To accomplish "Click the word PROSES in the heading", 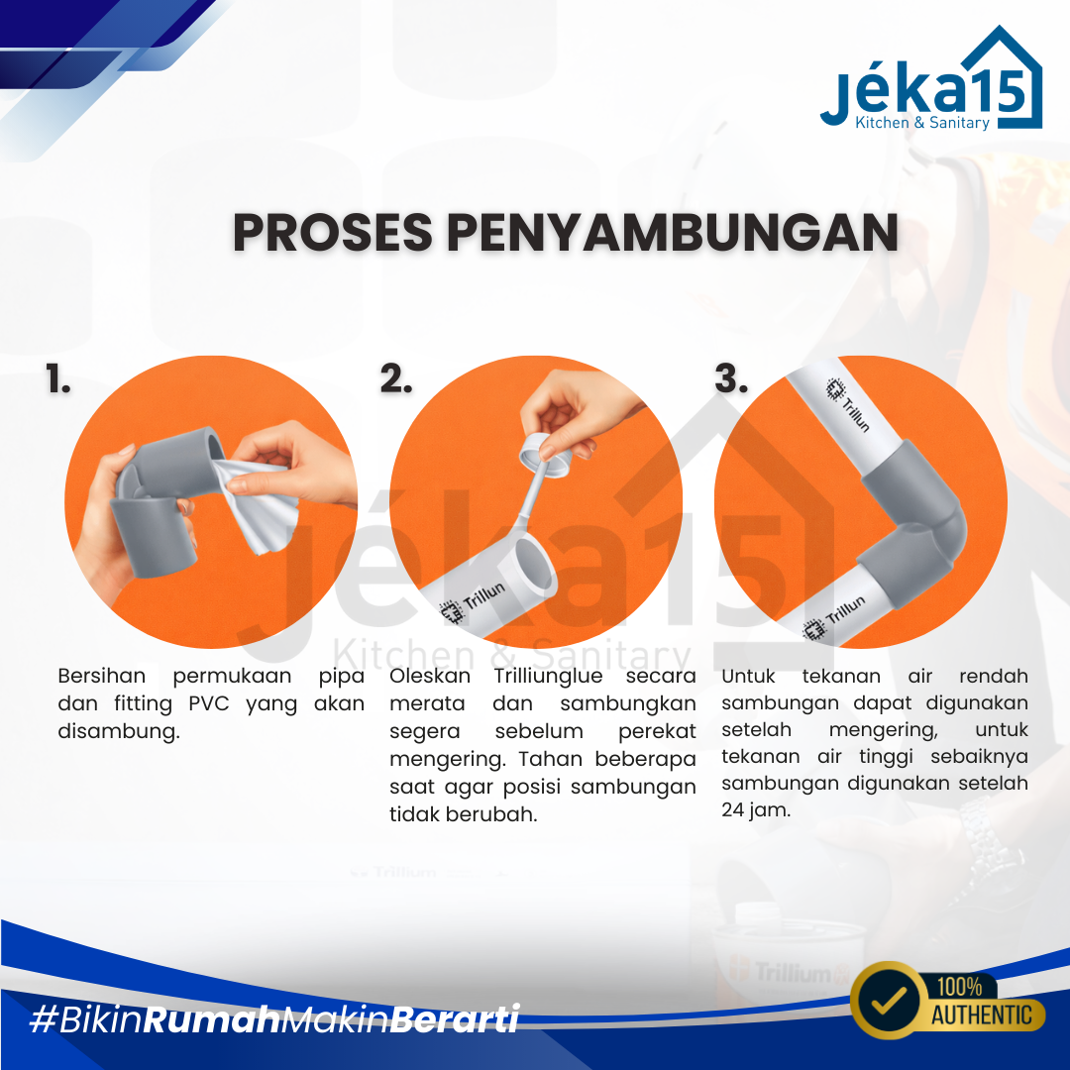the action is point(332,233).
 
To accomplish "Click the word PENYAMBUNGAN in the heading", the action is point(672,233).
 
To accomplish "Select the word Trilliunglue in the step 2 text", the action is point(549,676).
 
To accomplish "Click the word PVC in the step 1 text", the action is point(209,703).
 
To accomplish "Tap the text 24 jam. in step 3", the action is point(756,810).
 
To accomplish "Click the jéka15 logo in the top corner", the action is point(931,78).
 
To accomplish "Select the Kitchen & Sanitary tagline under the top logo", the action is point(922,122).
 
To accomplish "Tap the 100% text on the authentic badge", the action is point(959,987).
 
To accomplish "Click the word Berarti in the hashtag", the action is point(457,1019).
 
